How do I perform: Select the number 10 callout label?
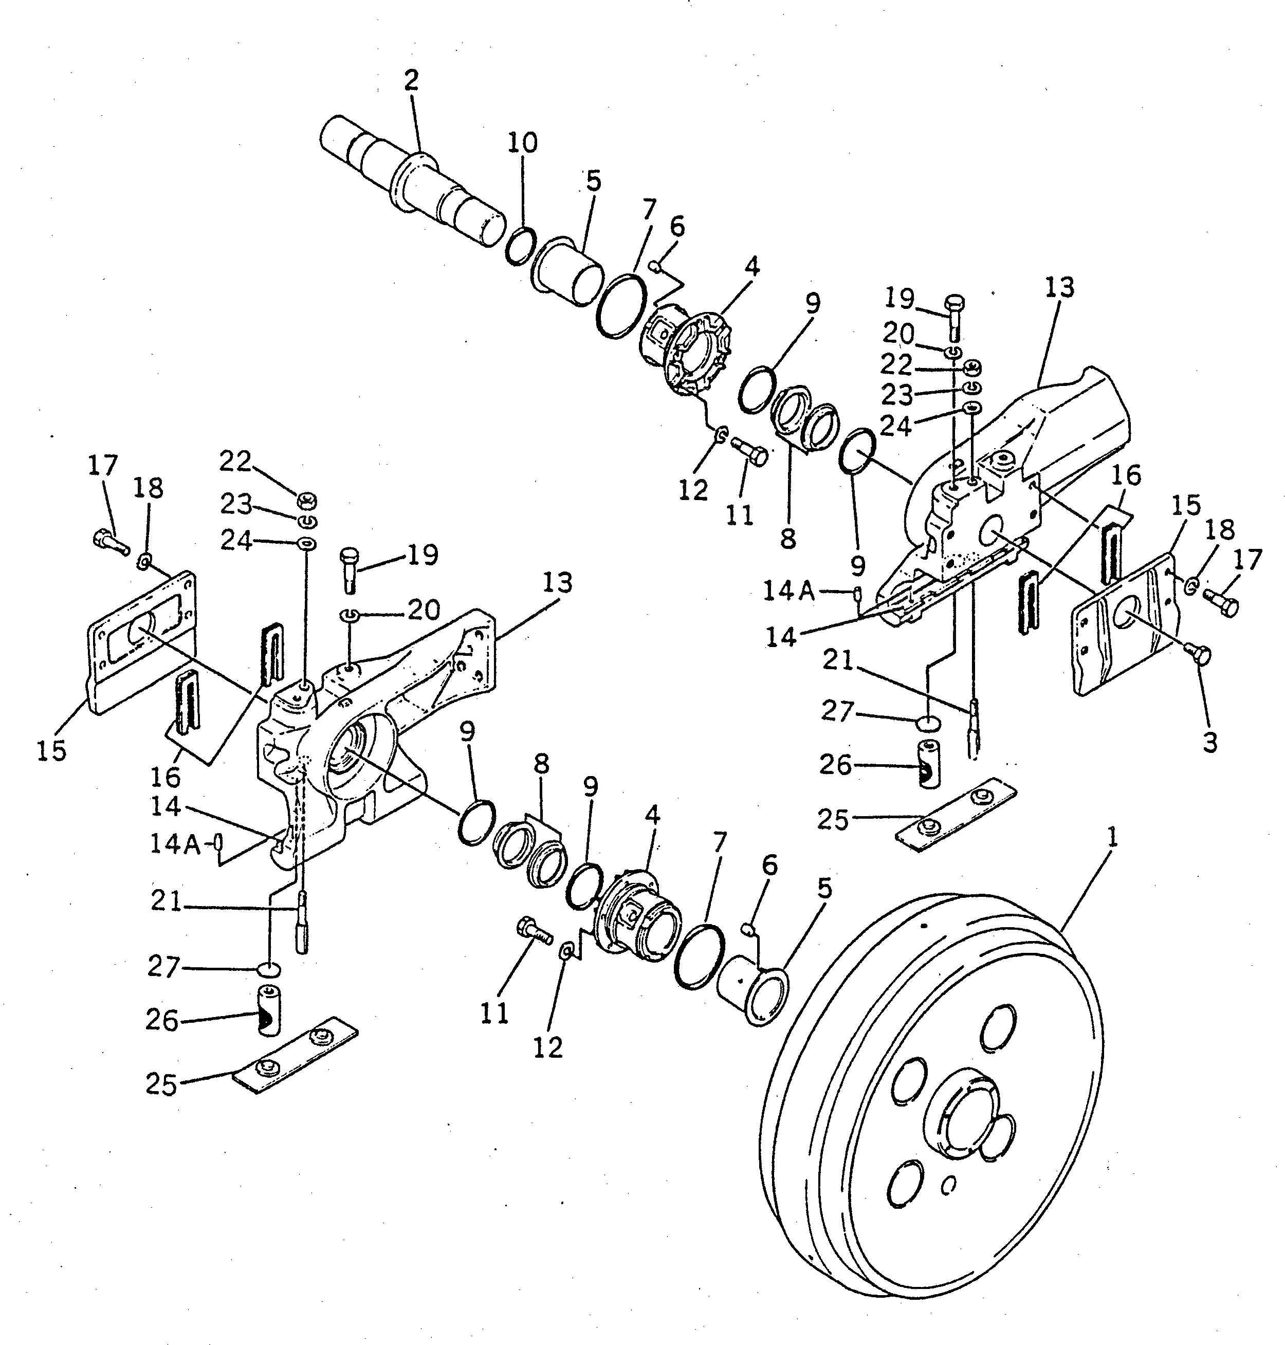[523, 142]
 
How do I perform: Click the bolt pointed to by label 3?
[1201, 655]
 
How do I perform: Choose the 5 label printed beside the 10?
[593, 181]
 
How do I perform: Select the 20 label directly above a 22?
[898, 334]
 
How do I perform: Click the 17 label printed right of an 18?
[1247, 560]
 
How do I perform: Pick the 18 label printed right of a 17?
[149, 488]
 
